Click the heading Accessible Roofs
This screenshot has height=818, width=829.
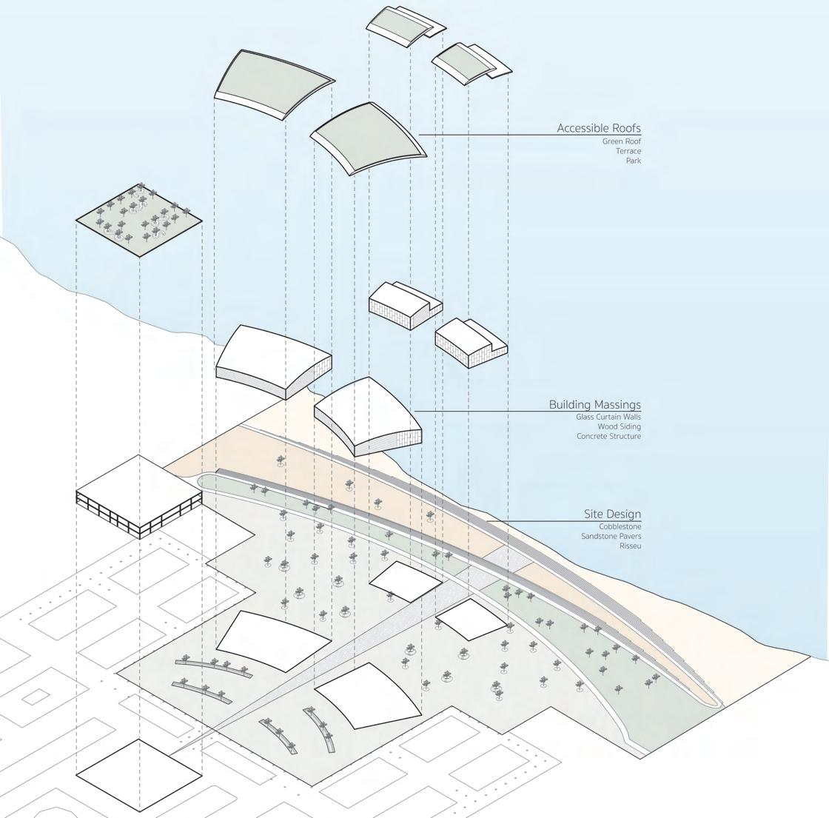598,128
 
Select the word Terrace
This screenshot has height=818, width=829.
628,151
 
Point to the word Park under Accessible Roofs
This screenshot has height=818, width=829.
633,161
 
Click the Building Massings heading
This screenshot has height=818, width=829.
594,404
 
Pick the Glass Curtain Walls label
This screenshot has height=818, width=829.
608,417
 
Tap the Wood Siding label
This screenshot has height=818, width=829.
619,426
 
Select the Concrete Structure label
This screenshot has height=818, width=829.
608,436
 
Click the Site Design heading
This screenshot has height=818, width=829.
612,514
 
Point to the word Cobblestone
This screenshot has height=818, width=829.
620,526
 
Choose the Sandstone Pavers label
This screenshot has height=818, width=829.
611,536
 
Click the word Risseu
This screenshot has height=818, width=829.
630,546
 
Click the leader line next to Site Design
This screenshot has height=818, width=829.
533,521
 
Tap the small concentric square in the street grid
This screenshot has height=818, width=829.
36,696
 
